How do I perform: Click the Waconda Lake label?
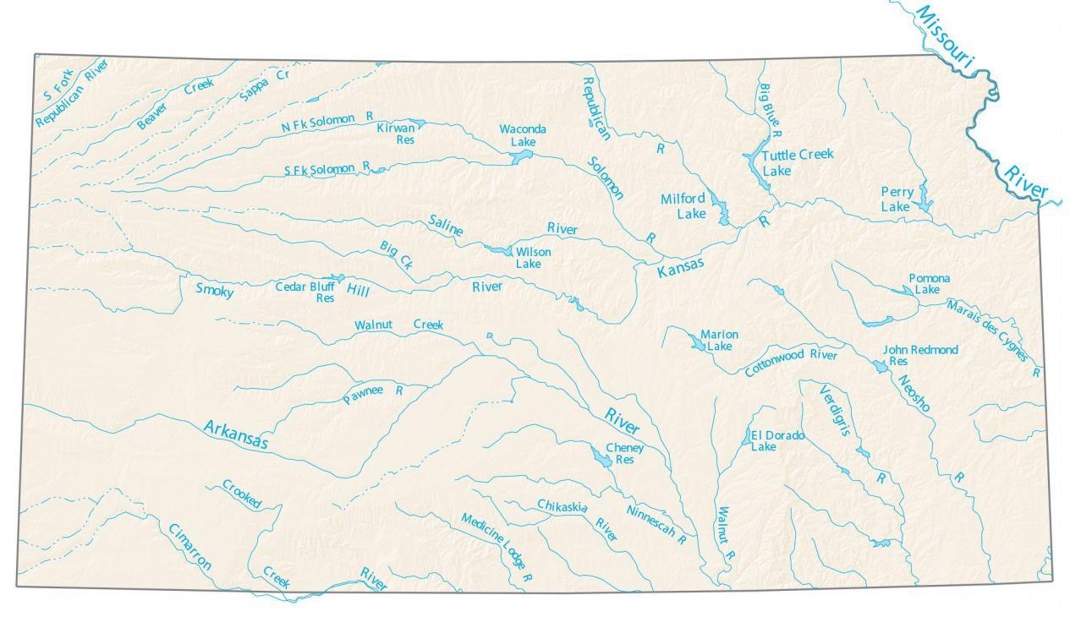[522, 135]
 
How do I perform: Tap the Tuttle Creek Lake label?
[796, 161]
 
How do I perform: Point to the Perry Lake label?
[896, 199]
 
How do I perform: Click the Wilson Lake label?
[532, 258]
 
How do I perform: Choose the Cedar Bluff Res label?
[305, 292]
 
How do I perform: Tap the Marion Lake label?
[719, 340]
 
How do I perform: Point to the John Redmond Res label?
[919, 355]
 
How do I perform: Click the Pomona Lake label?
[928, 283]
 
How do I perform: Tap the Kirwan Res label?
[396, 134]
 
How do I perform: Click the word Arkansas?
[235, 434]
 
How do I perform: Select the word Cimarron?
[189, 547]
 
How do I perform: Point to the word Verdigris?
[834, 410]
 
